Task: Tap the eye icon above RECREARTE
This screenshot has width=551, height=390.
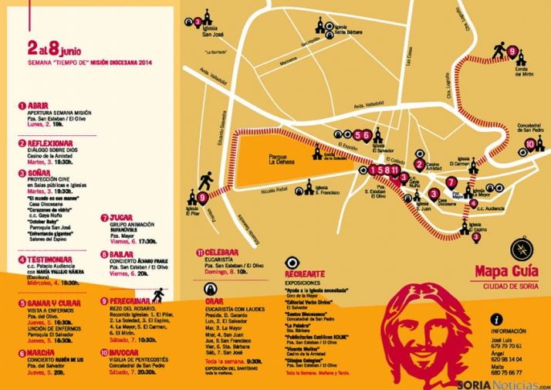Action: pos(292,263)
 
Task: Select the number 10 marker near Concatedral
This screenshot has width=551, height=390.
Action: pos(529,144)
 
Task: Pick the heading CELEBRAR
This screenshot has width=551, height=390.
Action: pos(222,251)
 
